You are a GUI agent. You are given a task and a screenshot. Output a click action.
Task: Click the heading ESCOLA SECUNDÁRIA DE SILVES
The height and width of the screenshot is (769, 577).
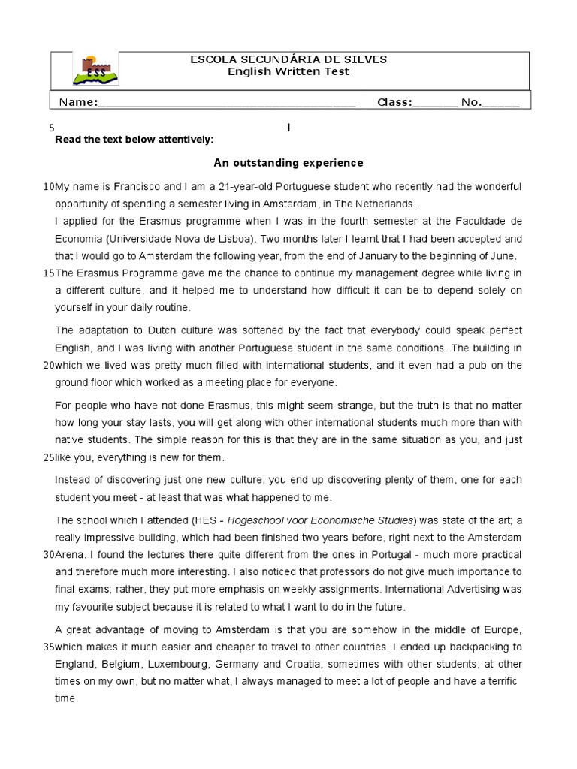point(289,60)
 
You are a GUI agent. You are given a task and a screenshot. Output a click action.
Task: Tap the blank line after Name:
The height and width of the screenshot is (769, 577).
point(226,103)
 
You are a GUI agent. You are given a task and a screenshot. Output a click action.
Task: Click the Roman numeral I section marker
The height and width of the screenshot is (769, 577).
point(288,128)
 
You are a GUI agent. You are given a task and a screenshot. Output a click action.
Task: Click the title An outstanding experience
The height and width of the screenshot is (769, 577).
point(288,162)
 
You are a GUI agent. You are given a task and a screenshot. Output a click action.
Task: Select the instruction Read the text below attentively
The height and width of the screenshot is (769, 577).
point(134,140)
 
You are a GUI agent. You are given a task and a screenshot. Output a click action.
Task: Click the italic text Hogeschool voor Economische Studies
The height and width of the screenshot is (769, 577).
point(322,520)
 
